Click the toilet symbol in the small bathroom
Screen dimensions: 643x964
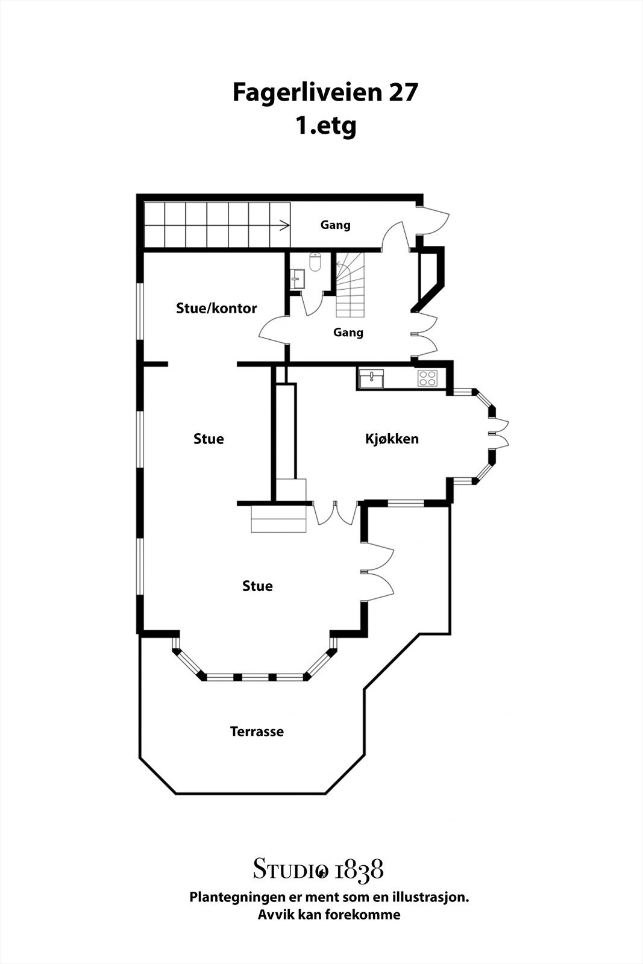pyautogui.click(x=315, y=262)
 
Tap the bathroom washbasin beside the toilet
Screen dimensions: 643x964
pyautogui.click(x=297, y=279)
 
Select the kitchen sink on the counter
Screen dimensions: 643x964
pyautogui.click(x=371, y=378)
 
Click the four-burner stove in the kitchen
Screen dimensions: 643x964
pyautogui.click(x=427, y=378)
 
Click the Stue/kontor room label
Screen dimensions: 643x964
pyautogui.click(x=216, y=308)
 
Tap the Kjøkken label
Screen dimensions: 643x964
pyautogui.click(x=392, y=439)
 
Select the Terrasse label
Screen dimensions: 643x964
pyautogui.click(x=257, y=731)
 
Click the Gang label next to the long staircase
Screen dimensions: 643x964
pyautogui.click(x=335, y=225)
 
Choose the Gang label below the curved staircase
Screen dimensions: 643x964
pyautogui.click(x=348, y=333)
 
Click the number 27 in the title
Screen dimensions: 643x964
pyautogui.click(x=403, y=92)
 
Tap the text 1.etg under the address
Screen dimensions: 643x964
pyautogui.click(x=326, y=127)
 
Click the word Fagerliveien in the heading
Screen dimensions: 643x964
pyautogui.click(x=308, y=93)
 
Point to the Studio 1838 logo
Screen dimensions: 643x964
pyautogui.click(x=318, y=868)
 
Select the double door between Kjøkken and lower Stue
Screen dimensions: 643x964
pyautogui.click(x=336, y=513)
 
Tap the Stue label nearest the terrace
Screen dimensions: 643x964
pyautogui.click(x=257, y=586)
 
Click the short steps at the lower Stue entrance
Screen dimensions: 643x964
pyautogui.click(x=278, y=519)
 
